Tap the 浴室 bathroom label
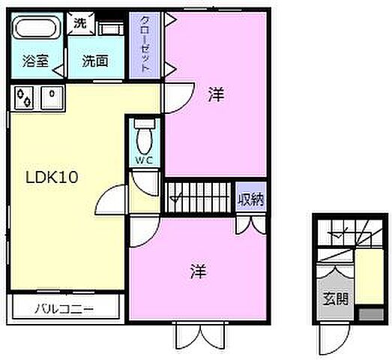click(x=35, y=61)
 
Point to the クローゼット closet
click(x=145, y=44)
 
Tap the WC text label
click(x=145, y=160)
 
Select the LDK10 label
click(x=54, y=178)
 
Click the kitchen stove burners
click(x=25, y=97)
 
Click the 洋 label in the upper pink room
click(x=216, y=94)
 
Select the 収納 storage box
click(x=250, y=199)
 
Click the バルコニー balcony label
click(x=64, y=307)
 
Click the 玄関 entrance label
click(x=335, y=298)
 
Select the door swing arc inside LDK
click(x=110, y=199)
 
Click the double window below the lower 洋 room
click(x=199, y=334)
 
